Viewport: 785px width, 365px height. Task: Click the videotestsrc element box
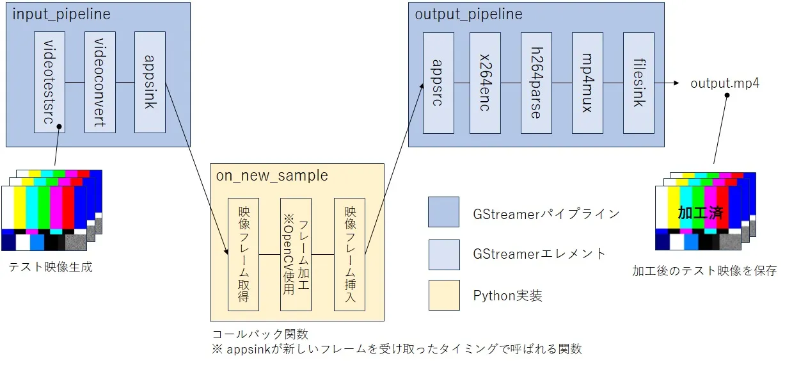[49, 82]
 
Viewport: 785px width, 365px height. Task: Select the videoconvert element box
[100, 82]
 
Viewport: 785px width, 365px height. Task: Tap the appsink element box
[150, 82]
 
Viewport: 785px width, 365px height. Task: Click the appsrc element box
[438, 83]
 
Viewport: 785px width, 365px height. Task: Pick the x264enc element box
[485, 83]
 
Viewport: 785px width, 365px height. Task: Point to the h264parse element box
[536, 83]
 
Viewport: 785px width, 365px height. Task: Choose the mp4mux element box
[587, 83]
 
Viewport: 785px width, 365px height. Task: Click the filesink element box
[638, 83]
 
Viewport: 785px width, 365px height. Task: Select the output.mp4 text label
[725, 83]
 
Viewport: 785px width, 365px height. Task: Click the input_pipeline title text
[61, 14]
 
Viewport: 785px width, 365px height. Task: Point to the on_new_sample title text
[272, 175]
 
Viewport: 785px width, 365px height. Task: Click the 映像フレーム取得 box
[244, 254]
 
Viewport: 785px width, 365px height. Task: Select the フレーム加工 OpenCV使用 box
[296, 254]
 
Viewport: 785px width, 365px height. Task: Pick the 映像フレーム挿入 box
[349, 254]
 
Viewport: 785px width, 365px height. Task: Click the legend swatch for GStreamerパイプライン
[443, 212]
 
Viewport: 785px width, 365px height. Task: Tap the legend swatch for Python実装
[443, 295]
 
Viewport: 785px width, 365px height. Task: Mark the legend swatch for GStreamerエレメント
[443, 254]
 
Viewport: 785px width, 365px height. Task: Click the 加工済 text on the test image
[700, 213]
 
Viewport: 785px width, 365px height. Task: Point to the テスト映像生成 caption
[50, 267]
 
